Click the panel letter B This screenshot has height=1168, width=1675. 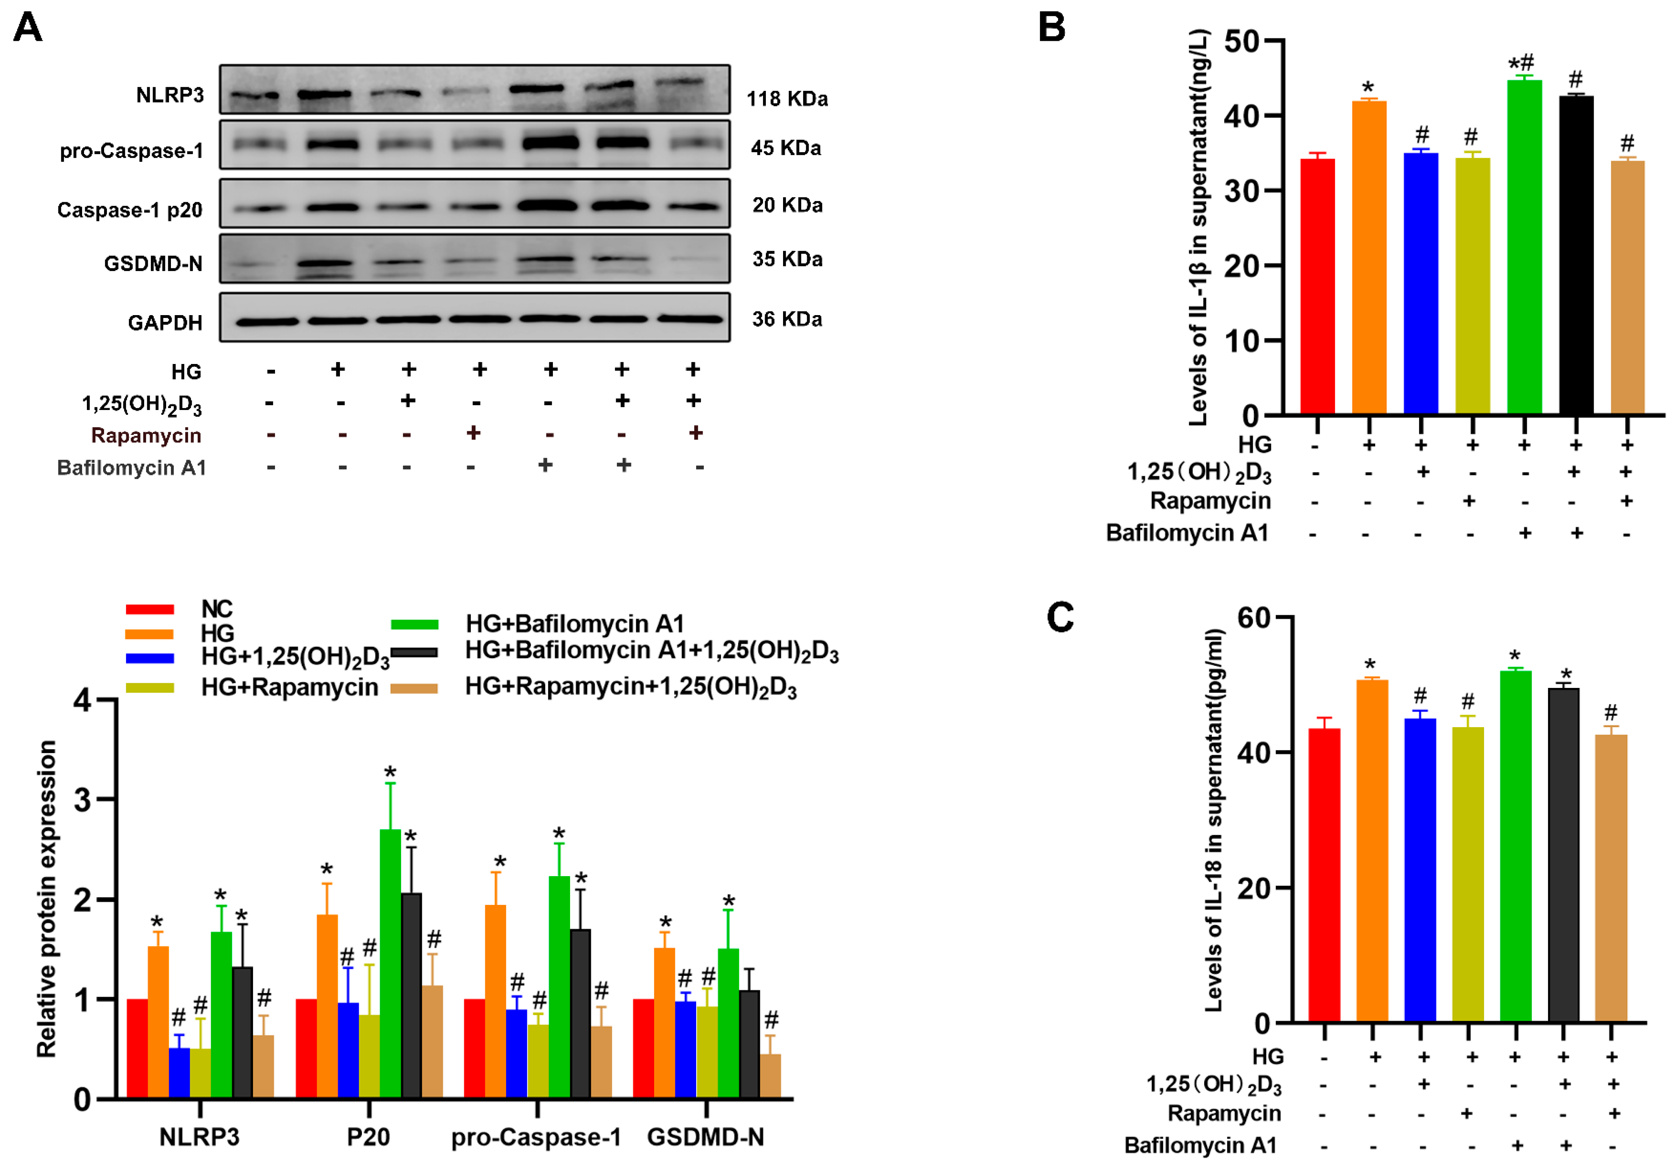[1051, 28]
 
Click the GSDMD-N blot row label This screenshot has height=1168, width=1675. [153, 263]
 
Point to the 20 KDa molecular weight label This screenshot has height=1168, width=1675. [787, 205]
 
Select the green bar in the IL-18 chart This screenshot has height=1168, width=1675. [1515, 846]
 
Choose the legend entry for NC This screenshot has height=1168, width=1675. [217, 609]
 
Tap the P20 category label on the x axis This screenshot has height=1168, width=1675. [368, 1137]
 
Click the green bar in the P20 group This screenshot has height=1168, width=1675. [390, 963]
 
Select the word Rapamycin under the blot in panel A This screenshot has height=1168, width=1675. [146, 436]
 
